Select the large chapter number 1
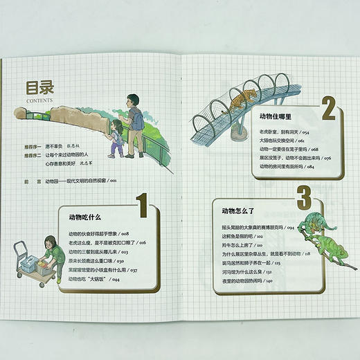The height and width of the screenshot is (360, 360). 141,207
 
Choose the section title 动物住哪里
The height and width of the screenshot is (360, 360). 276,117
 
